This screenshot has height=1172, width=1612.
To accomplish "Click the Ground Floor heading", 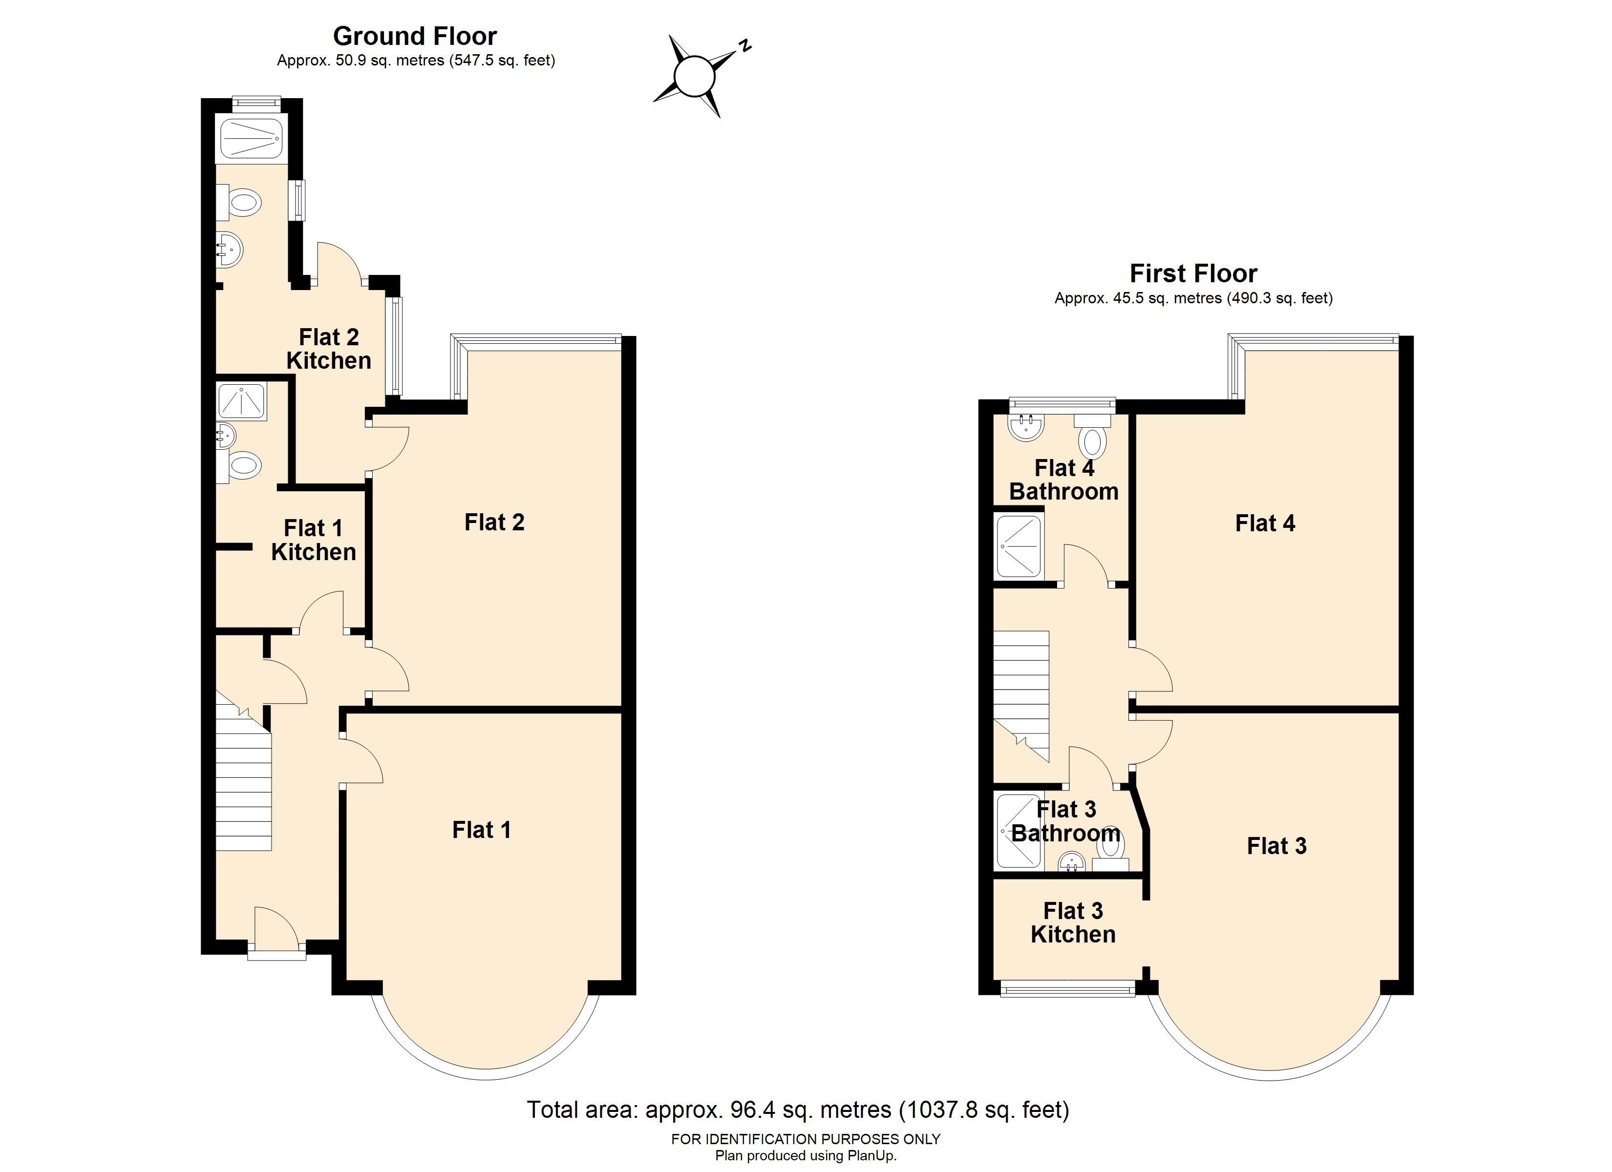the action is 415,36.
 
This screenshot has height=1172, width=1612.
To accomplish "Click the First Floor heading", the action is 1193,273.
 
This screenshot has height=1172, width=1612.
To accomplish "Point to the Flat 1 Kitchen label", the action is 314,540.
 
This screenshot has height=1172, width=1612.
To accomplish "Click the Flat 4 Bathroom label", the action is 1064,480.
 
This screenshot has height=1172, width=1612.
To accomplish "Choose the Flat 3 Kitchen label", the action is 1073,922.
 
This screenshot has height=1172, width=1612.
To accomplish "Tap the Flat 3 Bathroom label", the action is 1066,821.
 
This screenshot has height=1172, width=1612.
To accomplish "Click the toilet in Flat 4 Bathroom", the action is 1092,435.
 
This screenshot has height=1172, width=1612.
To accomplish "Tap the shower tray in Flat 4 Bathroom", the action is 1019,546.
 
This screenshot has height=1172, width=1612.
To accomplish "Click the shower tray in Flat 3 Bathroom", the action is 1018,831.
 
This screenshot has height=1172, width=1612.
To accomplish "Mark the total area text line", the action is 798,1109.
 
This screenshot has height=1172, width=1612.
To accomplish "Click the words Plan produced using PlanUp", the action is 806,1156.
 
